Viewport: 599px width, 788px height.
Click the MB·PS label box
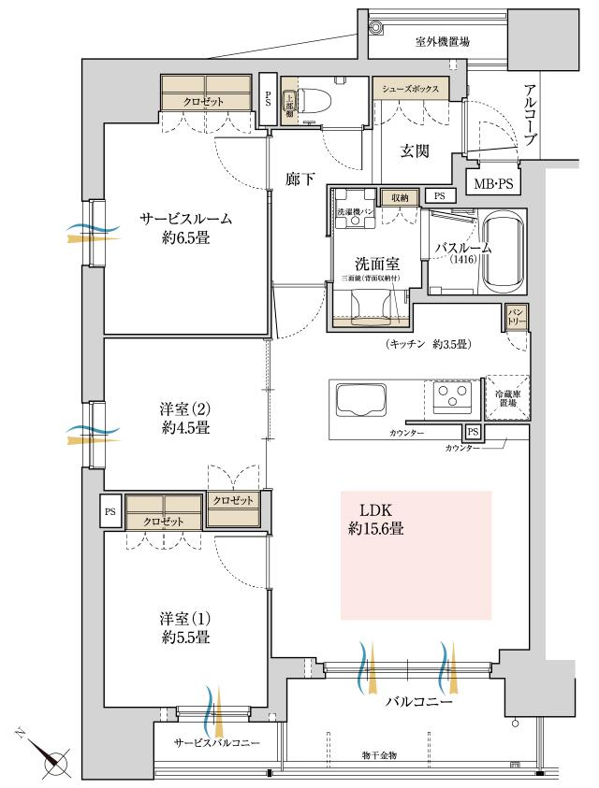pyautogui.click(x=491, y=184)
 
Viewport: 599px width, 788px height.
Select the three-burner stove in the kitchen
pyautogui.click(x=451, y=399)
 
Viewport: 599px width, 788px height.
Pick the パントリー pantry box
pyautogui.click(x=517, y=317)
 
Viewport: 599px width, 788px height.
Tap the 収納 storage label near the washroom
pyautogui.click(x=400, y=198)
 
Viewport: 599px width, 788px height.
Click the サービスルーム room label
pyautogui.click(x=186, y=227)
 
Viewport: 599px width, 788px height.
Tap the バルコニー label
pyautogui.click(x=421, y=700)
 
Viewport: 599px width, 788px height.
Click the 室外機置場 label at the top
pyautogui.click(x=442, y=42)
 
